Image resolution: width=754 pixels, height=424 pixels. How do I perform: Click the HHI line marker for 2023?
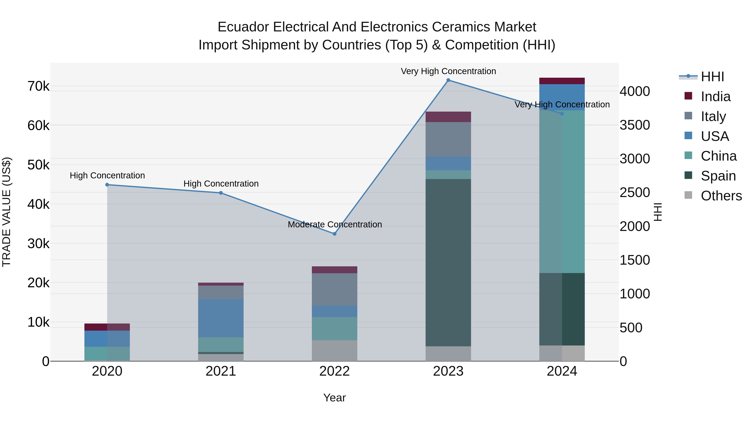pyautogui.click(x=448, y=80)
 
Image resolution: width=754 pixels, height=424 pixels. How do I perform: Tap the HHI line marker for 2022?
pyautogui.click(x=334, y=234)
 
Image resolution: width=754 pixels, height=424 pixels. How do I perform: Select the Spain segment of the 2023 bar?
pyautogui.click(x=448, y=263)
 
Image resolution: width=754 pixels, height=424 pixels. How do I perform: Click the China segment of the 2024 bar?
pyautogui.click(x=562, y=192)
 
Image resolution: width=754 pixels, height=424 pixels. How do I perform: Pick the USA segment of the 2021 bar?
pyautogui.click(x=221, y=318)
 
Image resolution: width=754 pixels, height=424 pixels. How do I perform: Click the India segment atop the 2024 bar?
pyautogui.click(x=562, y=81)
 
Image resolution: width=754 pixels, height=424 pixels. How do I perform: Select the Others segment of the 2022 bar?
pyautogui.click(x=334, y=351)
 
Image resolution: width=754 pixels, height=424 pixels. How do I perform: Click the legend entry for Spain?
pyautogui.click(x=718, y=176)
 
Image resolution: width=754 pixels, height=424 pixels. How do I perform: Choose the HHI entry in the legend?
pyautogui.click(x=712, y=77)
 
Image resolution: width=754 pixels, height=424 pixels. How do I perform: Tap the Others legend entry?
pyautogui.click(x=721, y=196)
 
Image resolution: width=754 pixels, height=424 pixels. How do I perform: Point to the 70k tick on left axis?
pyautogui.click(x=39, y=86)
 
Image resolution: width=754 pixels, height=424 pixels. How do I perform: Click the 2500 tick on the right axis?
pyautogui.click(x=635, y=193)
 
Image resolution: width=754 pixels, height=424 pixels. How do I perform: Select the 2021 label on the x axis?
pyautogui.click(x=221, y=371)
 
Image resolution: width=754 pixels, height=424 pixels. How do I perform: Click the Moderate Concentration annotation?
pyautogui.click(x=334, y=224)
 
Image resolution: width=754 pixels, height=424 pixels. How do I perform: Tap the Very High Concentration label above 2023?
pyautogui.click(x=448, y=71)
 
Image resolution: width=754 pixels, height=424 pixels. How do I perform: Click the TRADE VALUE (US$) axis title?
pyautogui.click(x=6, y=212)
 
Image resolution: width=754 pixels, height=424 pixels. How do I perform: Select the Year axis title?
pyautogui.click(x=334, y=398)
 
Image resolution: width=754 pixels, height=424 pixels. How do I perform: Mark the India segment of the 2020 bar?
pyautogui.click(x=107, y=327)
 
